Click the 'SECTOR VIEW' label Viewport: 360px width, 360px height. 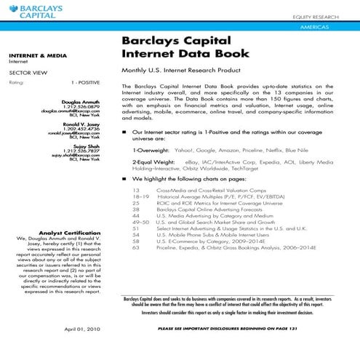(x=24, y=73)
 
